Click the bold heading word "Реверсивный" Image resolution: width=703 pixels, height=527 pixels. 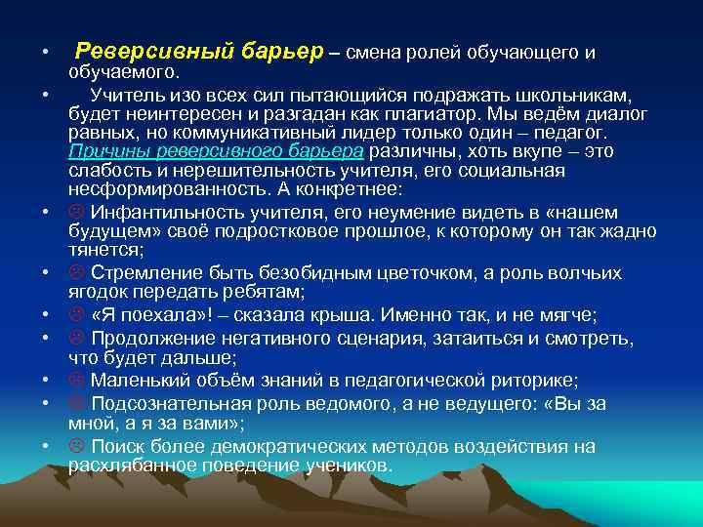click(x=149, y=52)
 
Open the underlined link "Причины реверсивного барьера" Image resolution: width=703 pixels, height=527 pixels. click(x=216, y=151)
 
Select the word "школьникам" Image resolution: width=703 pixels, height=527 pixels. click(x=576, y=95)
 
